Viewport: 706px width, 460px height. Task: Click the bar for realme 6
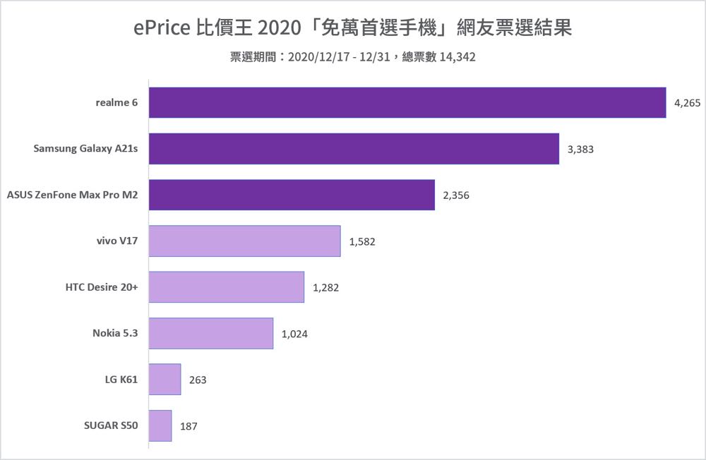407,102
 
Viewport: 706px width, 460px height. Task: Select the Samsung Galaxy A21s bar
354,149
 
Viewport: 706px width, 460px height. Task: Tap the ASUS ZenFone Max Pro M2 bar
292,195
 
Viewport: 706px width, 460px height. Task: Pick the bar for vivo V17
245,241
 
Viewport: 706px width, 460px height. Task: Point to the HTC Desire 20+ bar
227,287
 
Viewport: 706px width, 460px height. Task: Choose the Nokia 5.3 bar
211,333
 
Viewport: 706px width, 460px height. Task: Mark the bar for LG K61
165,380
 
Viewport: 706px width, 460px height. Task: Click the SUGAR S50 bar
160,425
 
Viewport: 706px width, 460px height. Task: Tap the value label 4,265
687,103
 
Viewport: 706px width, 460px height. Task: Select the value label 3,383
580,150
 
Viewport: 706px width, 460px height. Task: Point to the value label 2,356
456,195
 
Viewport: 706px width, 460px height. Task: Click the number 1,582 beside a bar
362,242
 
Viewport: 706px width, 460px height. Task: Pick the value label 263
198,380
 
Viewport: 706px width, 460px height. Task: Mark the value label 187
189,426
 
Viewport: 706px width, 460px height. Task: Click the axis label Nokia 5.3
115,334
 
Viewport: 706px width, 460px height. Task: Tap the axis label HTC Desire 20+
101,287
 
